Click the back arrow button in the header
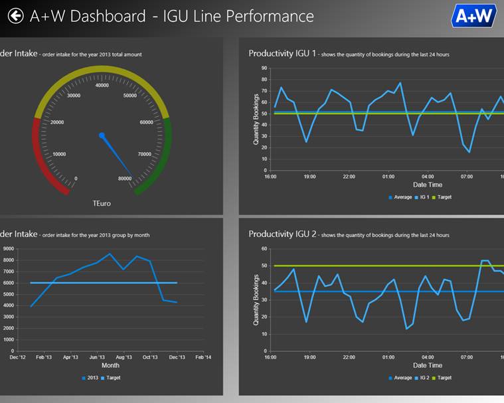(x=15, y=15)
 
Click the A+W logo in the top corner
(x=474, y=15)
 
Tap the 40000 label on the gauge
(x=102, y=85)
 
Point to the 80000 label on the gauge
(x=124, y=179)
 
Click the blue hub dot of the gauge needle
(x=102, y=135)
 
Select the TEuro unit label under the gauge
(x=102, y=203)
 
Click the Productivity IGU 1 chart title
(x=282, y=54)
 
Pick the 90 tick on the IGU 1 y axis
(x=264, y=68)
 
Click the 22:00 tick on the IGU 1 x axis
(x=349, y=177)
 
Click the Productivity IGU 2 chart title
(x=282, y=234)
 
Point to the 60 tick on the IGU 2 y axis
(x=264, y=249)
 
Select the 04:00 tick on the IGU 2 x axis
(x=428, y=357)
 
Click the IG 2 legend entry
(x=423, y=378)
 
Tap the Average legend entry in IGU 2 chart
(x=400, y=378)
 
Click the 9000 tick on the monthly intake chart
(x=9, y=249)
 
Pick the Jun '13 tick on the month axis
(x=97, y=357)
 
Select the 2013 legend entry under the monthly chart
(x=90, y=378)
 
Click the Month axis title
(x=110, y=365)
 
